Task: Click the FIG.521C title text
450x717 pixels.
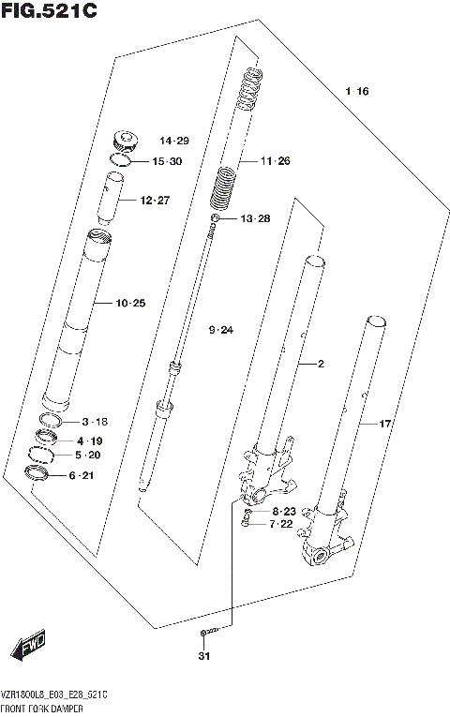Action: point(49,12)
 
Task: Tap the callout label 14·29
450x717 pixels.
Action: point(173,141)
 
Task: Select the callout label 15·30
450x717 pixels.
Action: point(167,161)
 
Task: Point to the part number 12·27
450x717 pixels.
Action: point(155,200)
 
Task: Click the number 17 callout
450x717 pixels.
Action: point(383,424)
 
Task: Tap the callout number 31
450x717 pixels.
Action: point(203,655)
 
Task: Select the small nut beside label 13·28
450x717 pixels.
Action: point(216,219)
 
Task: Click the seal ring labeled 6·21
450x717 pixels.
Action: point(38,475)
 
